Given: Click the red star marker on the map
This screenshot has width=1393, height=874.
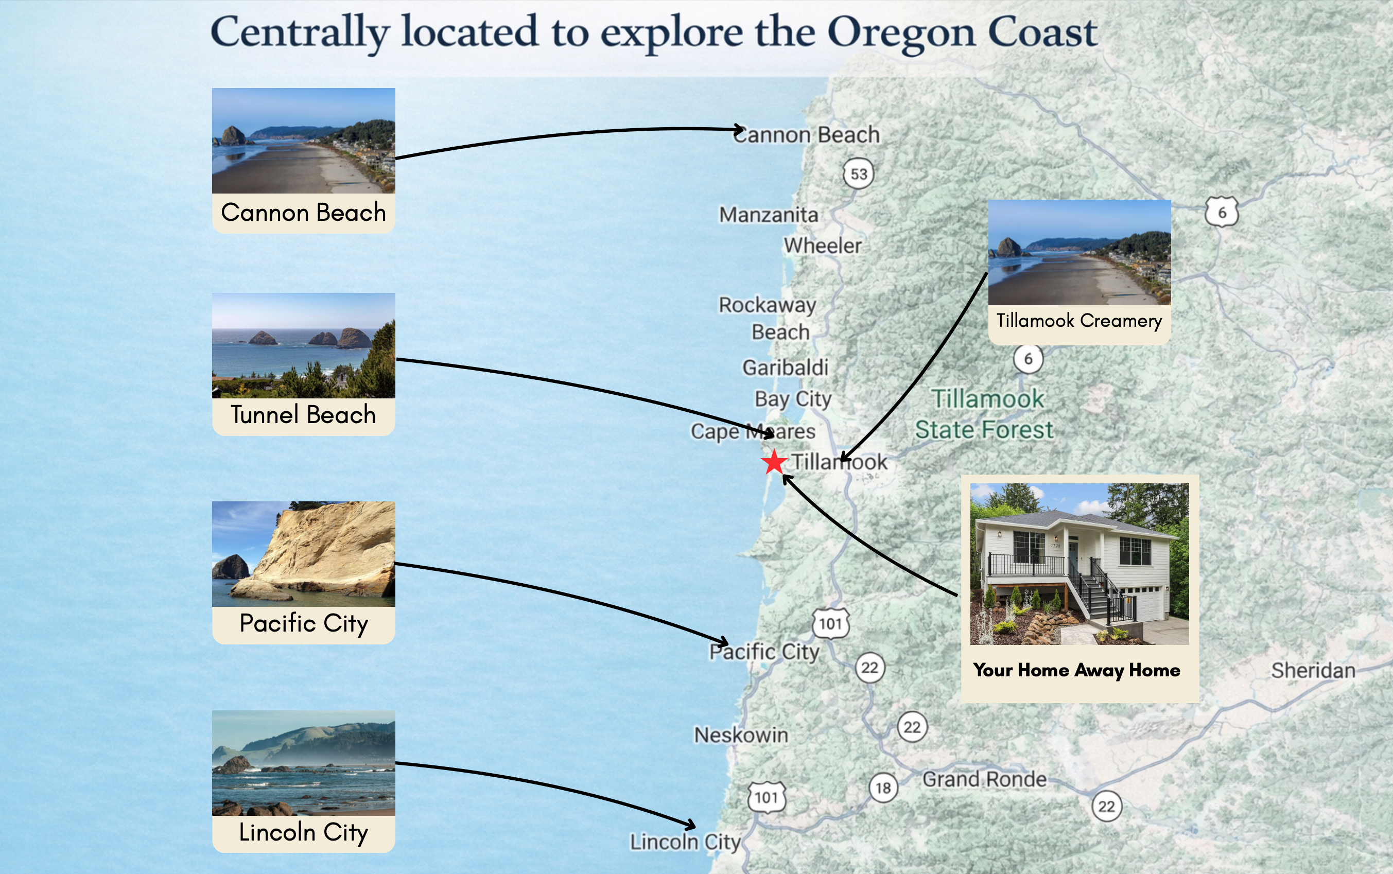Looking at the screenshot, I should (x=774, y=462).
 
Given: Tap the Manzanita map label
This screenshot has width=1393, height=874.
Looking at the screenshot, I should (x=768, y=215).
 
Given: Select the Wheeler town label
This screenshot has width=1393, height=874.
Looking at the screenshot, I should (x=823, y=246).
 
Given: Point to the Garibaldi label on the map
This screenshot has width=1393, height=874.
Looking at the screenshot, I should (x=785, y=368).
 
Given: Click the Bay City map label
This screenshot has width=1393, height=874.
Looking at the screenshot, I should (x=793, y=399).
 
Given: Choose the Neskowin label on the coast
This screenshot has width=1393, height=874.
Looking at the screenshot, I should (x=741, y=735).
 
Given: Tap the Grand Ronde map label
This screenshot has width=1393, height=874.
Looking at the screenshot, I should (x=984, y=779).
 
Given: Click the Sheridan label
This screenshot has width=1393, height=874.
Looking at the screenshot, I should (x=1313, y=671).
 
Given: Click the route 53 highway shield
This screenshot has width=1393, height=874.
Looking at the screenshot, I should (x=859, y=174).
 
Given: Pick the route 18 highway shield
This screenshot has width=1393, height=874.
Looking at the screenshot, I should (x=883, y=788).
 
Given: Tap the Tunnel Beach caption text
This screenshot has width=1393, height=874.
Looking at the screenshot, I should (x=303, y=415).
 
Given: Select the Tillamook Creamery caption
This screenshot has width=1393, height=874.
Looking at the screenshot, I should (x=1079, y=321).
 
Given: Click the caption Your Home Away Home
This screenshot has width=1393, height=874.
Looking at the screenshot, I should (x=1077, y=670).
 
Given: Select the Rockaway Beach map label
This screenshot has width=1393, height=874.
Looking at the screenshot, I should (x=768, y=319).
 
